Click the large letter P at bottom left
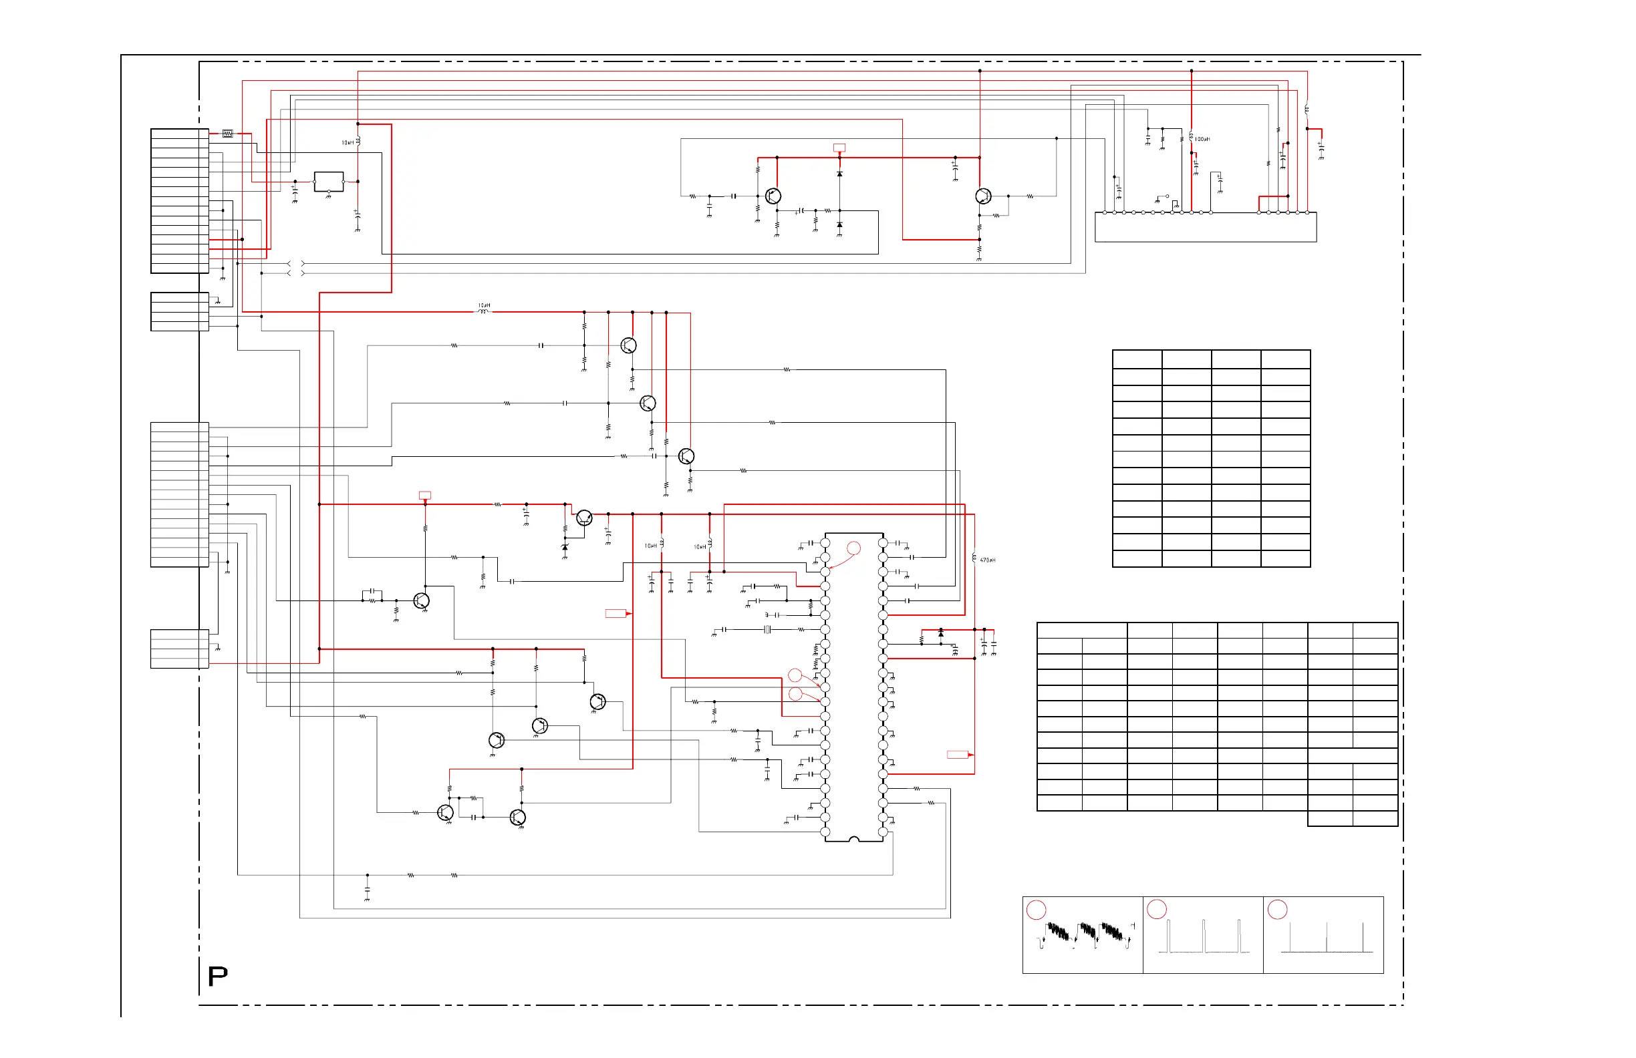[x=218, y=977]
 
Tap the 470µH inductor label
[x=987, y=560]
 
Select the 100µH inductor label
[x=1202, y=140]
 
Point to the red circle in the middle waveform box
[x=1157, y=910]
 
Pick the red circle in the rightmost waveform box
[x=1277, y=910]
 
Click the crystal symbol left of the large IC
[x=768, y=629]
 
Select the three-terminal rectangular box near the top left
[x=329, y=182]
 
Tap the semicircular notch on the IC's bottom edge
[x=853, y=839]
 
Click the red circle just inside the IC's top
[x=853, y=548]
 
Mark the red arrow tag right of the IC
[x=960, y=755]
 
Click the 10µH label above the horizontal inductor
[x=484, y=305]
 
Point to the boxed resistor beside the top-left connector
[x=227, y=134]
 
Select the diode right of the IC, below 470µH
[x=941, y=633]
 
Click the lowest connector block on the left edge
[x=179, y=649]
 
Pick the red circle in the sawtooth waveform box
[x=1036, y=910]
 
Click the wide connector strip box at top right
[x=1206, y=227]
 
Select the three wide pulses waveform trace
[x=1204, y=938]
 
